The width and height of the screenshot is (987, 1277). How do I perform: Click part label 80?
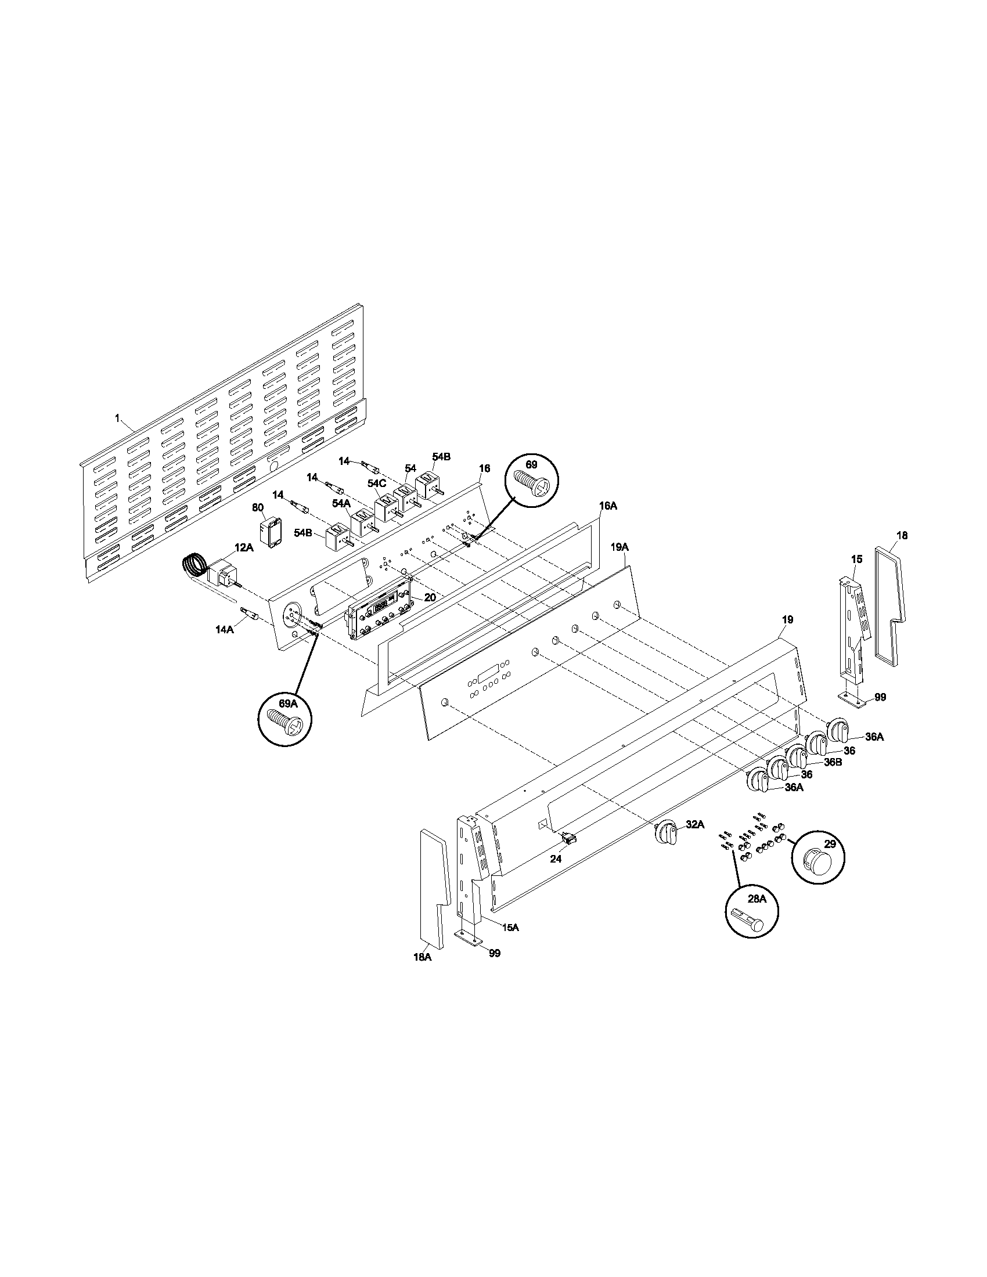tap(258, 507)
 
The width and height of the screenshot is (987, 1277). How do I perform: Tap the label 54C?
tap(377, 484)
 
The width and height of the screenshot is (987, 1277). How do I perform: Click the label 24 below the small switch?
tap(556, 859)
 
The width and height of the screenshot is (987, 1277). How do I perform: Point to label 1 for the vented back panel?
tap(117, 418)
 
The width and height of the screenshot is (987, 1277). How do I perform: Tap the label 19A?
tap(620, 547)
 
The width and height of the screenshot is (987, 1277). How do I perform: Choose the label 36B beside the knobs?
tap(833, 763)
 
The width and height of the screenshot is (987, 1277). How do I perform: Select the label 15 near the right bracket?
tap(856, 560)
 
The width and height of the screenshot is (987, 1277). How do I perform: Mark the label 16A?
tap(608, 506)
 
